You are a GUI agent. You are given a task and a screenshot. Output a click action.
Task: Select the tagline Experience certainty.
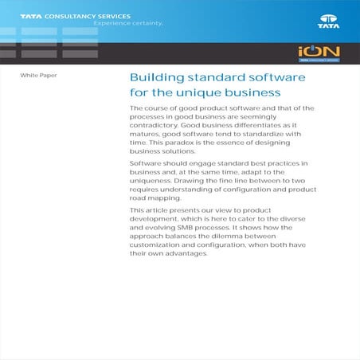pos(128,23)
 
